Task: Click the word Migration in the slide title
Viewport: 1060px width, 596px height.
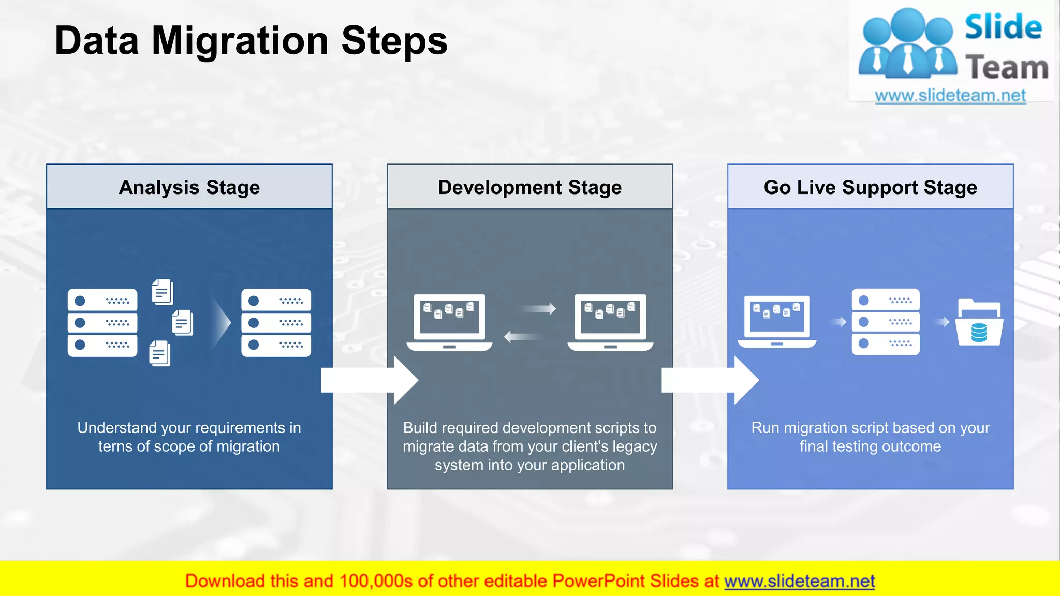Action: click(x=240, y=41)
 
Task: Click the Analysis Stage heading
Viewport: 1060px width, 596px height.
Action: click(x=189, y=187)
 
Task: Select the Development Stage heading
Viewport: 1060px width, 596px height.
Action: click(x=529, y=187)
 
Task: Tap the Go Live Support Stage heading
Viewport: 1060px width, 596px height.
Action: click(x=870, y=187)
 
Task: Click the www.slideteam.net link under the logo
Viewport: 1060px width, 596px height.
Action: click(x=950, y=96)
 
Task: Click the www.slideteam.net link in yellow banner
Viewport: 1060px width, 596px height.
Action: click(x=799, y=581)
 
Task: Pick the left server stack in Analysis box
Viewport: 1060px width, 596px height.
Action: click(x=102, y=323)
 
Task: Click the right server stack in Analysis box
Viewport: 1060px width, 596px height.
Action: click(x=276, y=323)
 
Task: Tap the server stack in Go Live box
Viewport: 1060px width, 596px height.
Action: click(x=886, y=322)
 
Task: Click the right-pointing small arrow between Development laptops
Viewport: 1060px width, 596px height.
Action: click(x=538, y=309)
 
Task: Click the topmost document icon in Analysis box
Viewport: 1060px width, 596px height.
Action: click(x=163, y=292)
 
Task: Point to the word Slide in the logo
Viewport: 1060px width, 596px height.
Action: click(x=1003, y=27)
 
